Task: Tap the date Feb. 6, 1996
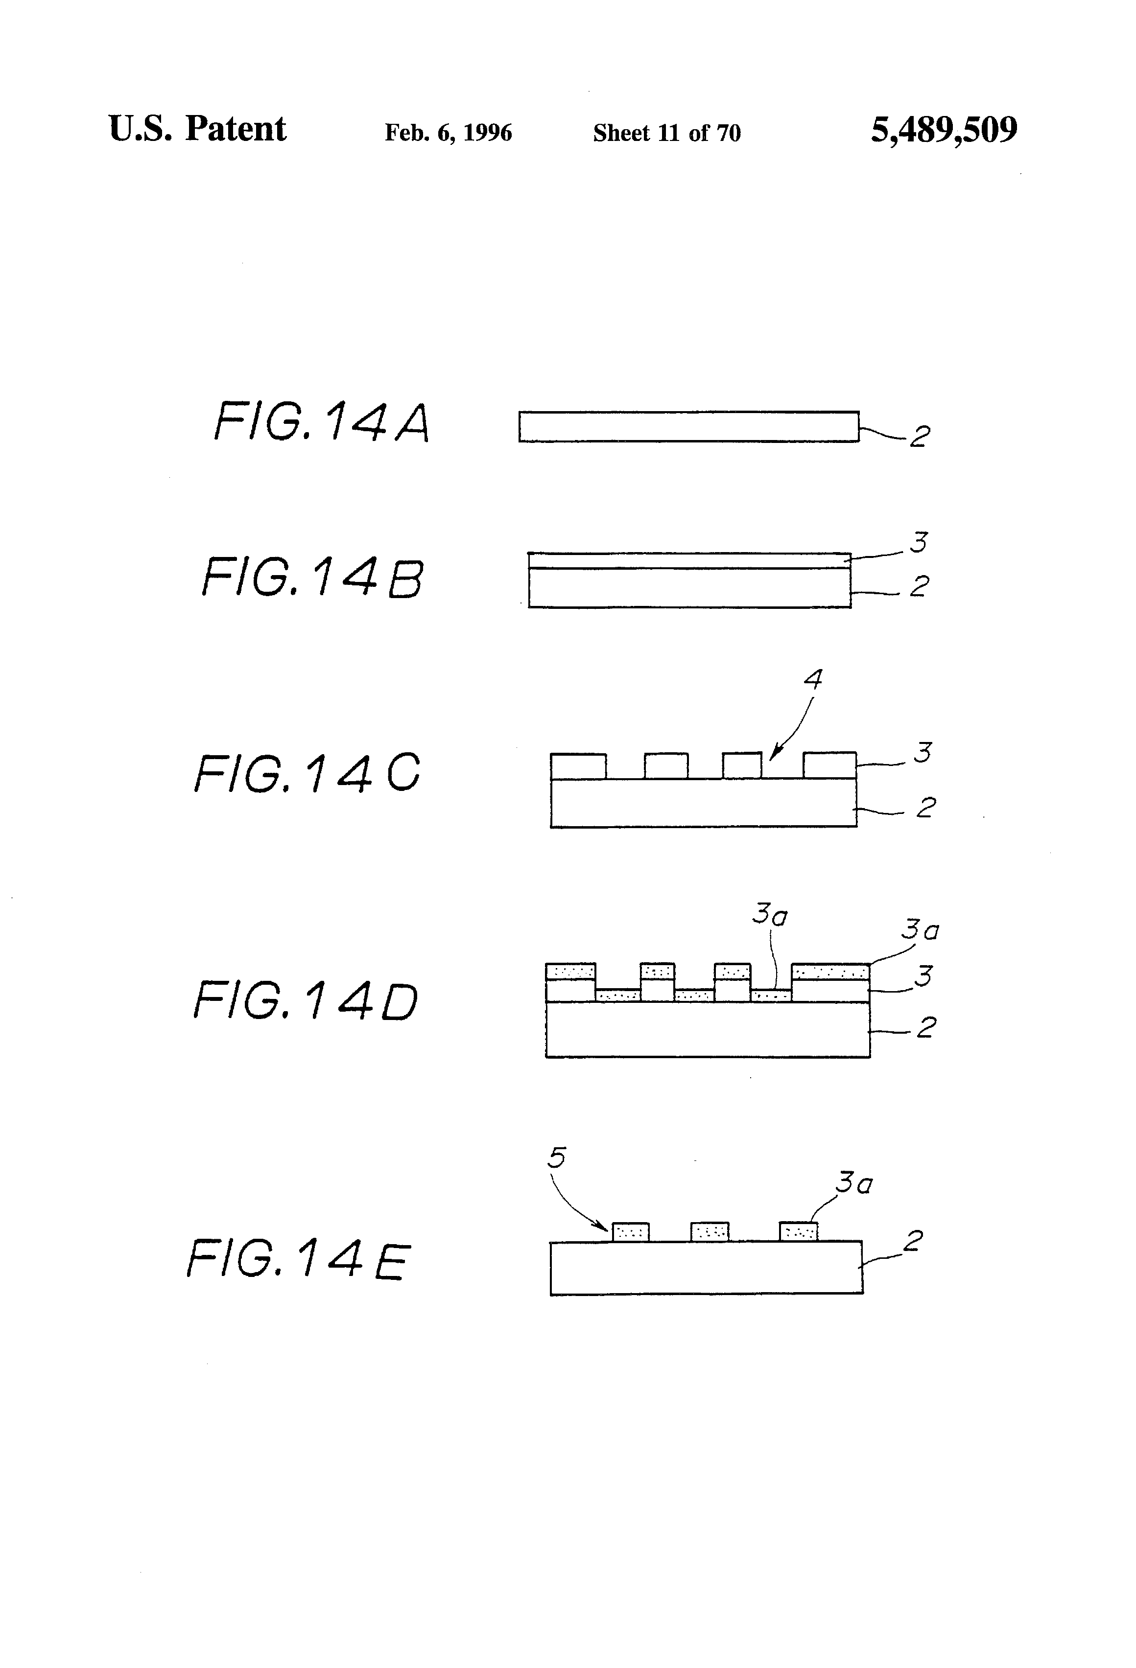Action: click(x=448, y=133)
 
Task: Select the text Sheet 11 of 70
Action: click(x=666, y=133)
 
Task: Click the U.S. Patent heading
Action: click(x=197, y=129)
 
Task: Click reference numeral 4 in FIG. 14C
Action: click(x=812, y=679)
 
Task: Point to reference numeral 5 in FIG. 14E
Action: click(x=557, y=1157)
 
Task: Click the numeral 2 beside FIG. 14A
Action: click(x=919, y=437)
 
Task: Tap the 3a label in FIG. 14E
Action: click(x=854, y=1183)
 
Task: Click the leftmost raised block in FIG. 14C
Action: click(x=578, y=766)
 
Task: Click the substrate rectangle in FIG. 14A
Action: click(x=688, y=426)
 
